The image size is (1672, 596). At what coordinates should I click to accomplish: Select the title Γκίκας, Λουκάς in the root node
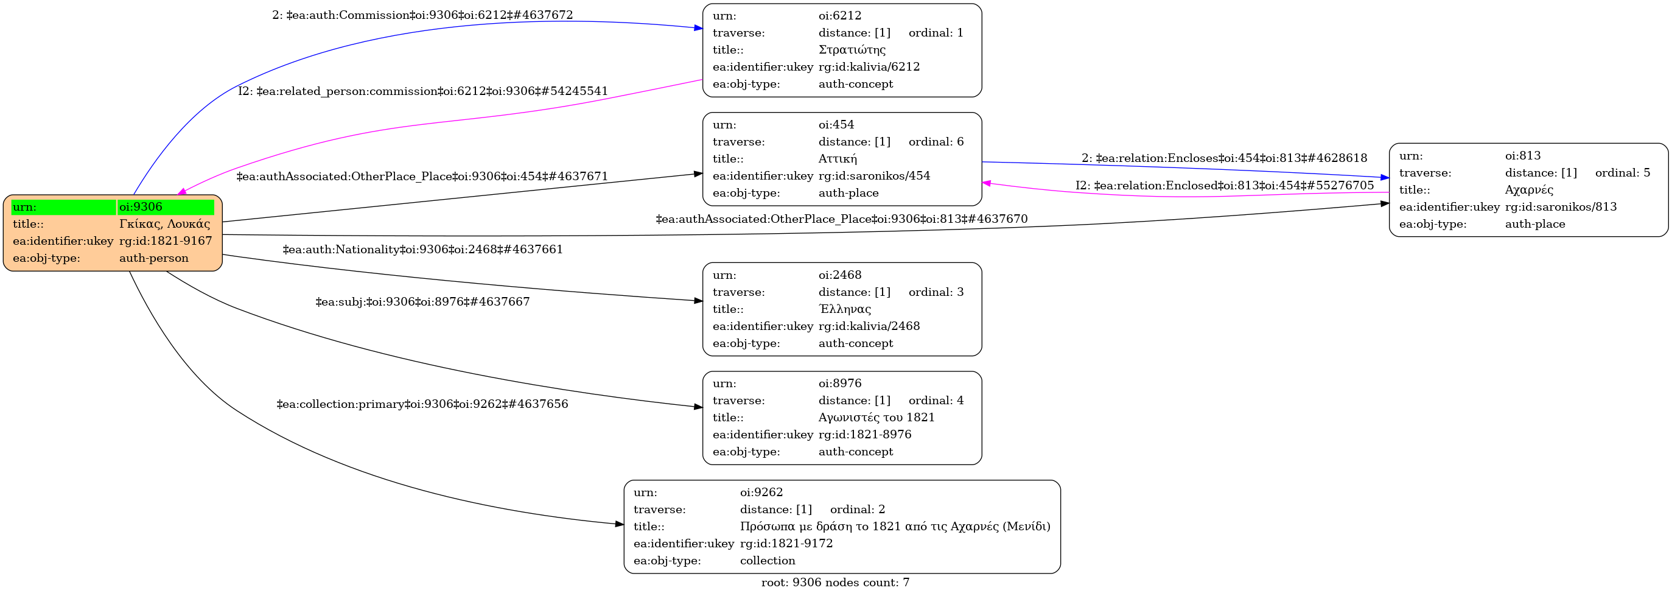click(164, 224)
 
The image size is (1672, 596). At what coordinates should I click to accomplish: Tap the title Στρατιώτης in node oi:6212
click(852, 50)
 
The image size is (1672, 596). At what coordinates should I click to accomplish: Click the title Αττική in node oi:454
click(838, 159)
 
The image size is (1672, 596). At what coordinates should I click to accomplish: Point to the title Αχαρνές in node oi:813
click(1528, 190)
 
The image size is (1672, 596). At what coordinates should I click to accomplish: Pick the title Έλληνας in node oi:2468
click(844, 309)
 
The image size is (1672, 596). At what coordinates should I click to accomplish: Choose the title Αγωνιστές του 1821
click(876, 418)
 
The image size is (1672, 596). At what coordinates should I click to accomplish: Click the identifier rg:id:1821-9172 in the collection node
click(786, 544)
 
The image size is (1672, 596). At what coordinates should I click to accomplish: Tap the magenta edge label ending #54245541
click(422, 91)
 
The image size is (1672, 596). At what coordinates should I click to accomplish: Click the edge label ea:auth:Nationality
click(422, 250)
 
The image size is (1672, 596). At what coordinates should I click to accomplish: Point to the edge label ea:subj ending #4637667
click(422, 302)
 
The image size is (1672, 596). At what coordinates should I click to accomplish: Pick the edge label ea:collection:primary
click(422, 404)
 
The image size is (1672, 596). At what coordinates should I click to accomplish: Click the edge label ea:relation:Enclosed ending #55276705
click(1224, 186)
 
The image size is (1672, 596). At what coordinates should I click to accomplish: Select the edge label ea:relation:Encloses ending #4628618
click(1224, 158)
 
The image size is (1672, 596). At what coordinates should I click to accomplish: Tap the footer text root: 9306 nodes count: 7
click(835, 583)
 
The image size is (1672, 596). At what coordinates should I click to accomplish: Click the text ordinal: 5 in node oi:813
click(1622, 173)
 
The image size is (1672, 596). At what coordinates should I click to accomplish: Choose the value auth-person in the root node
click(154, 258)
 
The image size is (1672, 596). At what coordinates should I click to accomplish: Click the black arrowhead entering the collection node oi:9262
click(619, 524)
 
